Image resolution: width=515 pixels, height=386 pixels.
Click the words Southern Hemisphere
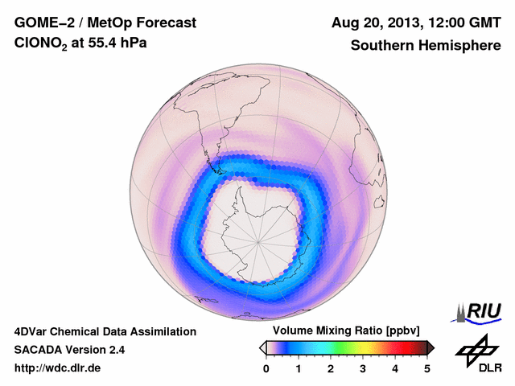(x=425, y=46)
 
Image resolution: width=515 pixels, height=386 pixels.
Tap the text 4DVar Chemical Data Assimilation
(x=105, y=331)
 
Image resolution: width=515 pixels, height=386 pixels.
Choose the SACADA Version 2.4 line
(x=69, y=350)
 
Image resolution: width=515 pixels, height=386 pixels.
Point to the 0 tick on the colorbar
(x=266, y=368)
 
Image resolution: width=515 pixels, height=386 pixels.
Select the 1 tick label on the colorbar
(x=299, y=368)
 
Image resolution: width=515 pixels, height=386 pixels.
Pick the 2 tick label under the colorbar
(x=331, y=368)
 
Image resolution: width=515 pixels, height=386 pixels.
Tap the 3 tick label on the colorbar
(x=363, y=368)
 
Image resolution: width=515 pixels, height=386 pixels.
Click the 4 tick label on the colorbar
(x=395, y=368)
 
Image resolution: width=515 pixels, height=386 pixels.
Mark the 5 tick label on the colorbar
(x=427, y=368)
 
